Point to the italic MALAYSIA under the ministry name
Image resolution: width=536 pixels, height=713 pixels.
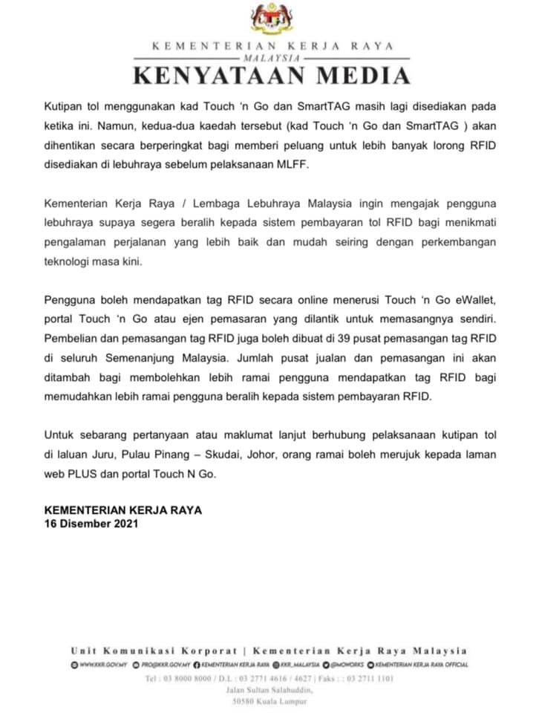click(270, 57)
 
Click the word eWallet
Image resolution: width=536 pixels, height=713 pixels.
click(463, 300)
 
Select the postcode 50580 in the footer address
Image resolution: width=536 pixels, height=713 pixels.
click(246, 702)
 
